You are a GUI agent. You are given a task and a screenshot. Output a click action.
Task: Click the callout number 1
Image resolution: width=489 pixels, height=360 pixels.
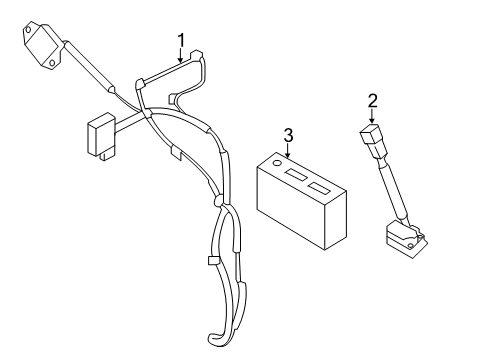(x=182, y=39)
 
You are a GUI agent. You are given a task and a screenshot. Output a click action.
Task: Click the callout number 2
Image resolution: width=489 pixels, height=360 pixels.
(x=371, y=99)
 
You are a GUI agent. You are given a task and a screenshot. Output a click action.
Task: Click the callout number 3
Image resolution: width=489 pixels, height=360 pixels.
(x=287, y=135)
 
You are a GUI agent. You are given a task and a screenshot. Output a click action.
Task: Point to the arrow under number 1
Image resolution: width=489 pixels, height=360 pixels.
(x=182, y=56)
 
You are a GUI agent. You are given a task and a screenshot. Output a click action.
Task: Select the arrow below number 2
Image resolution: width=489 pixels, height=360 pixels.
(x=371, y=116)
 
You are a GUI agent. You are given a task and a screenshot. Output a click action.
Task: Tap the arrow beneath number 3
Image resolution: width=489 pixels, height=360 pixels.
(x=287, y=151)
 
